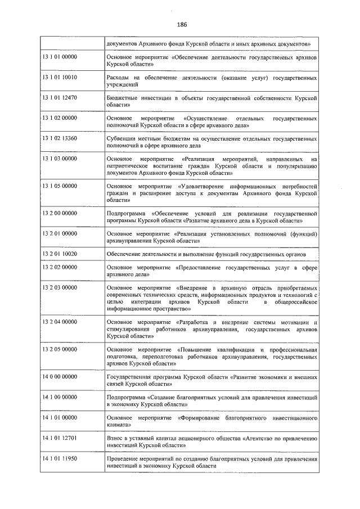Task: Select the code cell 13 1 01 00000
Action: click(x=59, y=58)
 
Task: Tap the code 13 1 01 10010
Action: click(x=59, y=78)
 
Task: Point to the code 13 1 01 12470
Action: click(x=59, y=97)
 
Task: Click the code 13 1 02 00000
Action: click(x=59, y=118)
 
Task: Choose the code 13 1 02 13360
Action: click(x=59, y=138)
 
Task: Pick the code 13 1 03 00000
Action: click(x=59, y=159)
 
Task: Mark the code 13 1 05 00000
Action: click(x=59, y=185)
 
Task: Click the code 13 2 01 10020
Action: click(x=59, y=254)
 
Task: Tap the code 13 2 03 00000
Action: click(x=59, y=287)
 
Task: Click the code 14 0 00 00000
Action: click(x=60, y=376)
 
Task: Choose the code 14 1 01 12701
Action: click(x=59, y=436)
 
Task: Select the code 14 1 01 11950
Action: click(x=59, y=458)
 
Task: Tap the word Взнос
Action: click(x=114, y=436)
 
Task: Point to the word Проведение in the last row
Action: click(x=121, y=458)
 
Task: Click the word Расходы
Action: click(x=117, y=78)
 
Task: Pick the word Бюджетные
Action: click(x=121, y=97)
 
